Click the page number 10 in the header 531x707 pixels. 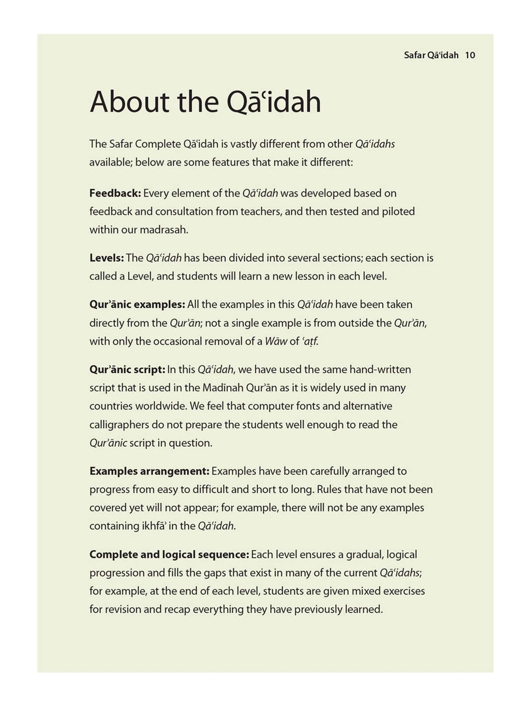click(x=470, y=55)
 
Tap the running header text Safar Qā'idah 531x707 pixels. click(x=431, y=55)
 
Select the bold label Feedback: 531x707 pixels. click(x=115, y=193)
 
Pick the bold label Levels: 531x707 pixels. click(x=106, y=258)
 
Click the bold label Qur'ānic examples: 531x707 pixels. click(x=137, y=304)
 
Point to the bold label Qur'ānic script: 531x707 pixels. click(x=127, y=369)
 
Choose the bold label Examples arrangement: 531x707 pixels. click(x=149, y=471)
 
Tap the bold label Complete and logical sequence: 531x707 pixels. click(x=169, y=554)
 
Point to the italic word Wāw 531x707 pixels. click(x=275, y=341)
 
